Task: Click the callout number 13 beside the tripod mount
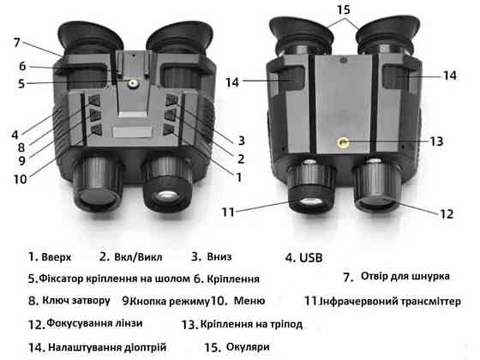click(437, 141)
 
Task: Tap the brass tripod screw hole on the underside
click(343, 142)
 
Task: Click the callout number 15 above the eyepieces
click(344, 9)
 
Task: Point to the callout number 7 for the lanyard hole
click(17, 43)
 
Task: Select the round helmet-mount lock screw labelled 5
click(133, 83)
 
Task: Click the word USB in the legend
click(310, 258)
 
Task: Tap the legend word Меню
click(249, 301)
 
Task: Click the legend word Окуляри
click(248, 347)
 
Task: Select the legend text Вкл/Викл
click(138, 257)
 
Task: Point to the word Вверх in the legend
click(57, 257)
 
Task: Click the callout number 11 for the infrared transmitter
click(228, 213)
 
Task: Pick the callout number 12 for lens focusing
click(447, 214)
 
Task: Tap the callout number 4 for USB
click(15, 135)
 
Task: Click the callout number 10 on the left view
click(21, 179)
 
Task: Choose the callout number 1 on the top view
click(239, 177)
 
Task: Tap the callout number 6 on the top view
click(22, 66)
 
